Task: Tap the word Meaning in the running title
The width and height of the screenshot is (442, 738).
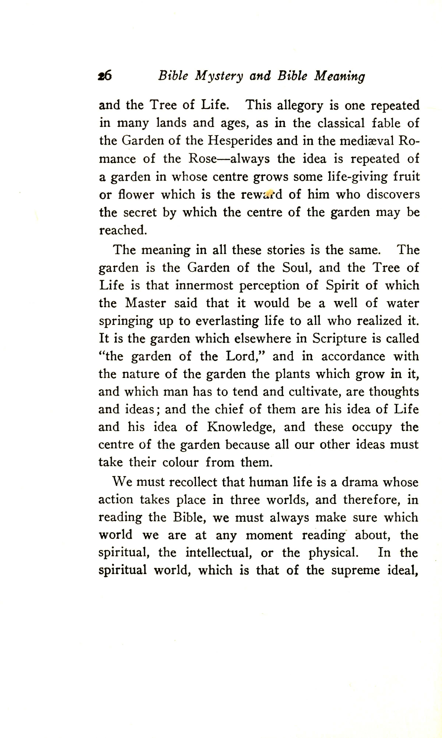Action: coord(339,76)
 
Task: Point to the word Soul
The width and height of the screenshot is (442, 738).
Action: coord(297,267)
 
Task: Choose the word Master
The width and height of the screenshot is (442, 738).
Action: coord(146,303)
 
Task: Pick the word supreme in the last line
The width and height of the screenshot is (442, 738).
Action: coord(355,570)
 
